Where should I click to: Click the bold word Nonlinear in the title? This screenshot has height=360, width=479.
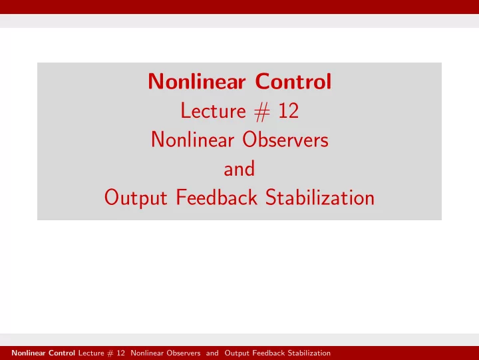(x=197, y=81)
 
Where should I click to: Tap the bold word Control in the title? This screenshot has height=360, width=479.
(x=293, y=81)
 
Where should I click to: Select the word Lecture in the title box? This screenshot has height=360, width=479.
(x=214, y=110)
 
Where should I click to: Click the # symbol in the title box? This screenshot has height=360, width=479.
(x=262, y=112)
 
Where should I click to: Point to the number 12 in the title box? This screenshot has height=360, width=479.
(x=288, y=110)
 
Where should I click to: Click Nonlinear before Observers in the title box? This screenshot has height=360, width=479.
(x=193, y=140)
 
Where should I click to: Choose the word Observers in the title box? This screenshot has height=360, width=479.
(x=285, y=140)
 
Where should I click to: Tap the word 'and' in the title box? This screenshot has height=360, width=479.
(x=239, y=169)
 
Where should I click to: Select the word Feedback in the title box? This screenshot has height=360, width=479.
(x=217, y=197)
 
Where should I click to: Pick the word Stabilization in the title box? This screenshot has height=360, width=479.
(x=320, y=197)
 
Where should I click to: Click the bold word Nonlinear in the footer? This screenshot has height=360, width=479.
(x=29, y=353)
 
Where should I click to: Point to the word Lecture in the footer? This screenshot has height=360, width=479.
(x=91, y=353)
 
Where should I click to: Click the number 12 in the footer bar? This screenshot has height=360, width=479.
(x=120, y=353)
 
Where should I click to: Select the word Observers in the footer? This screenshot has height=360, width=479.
(x=184, y=353)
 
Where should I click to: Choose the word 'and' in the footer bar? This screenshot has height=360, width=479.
(x=212, y=353)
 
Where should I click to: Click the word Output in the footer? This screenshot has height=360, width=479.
(x=237, y=353)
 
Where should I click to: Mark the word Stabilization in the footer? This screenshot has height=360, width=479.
(x=309, y=353)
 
